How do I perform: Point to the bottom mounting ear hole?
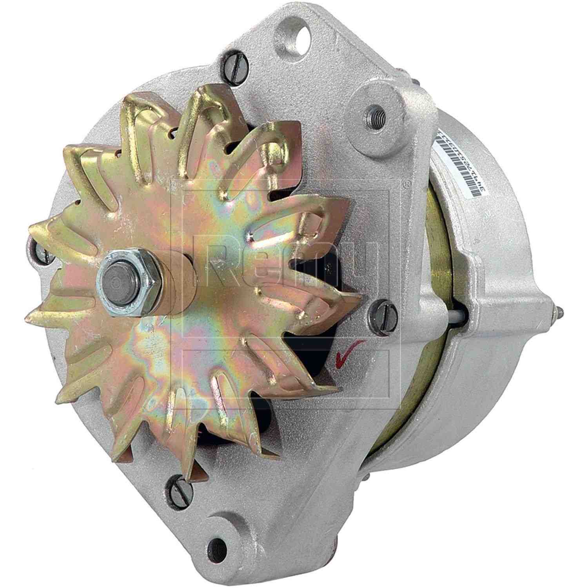[x=215, y=543]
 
